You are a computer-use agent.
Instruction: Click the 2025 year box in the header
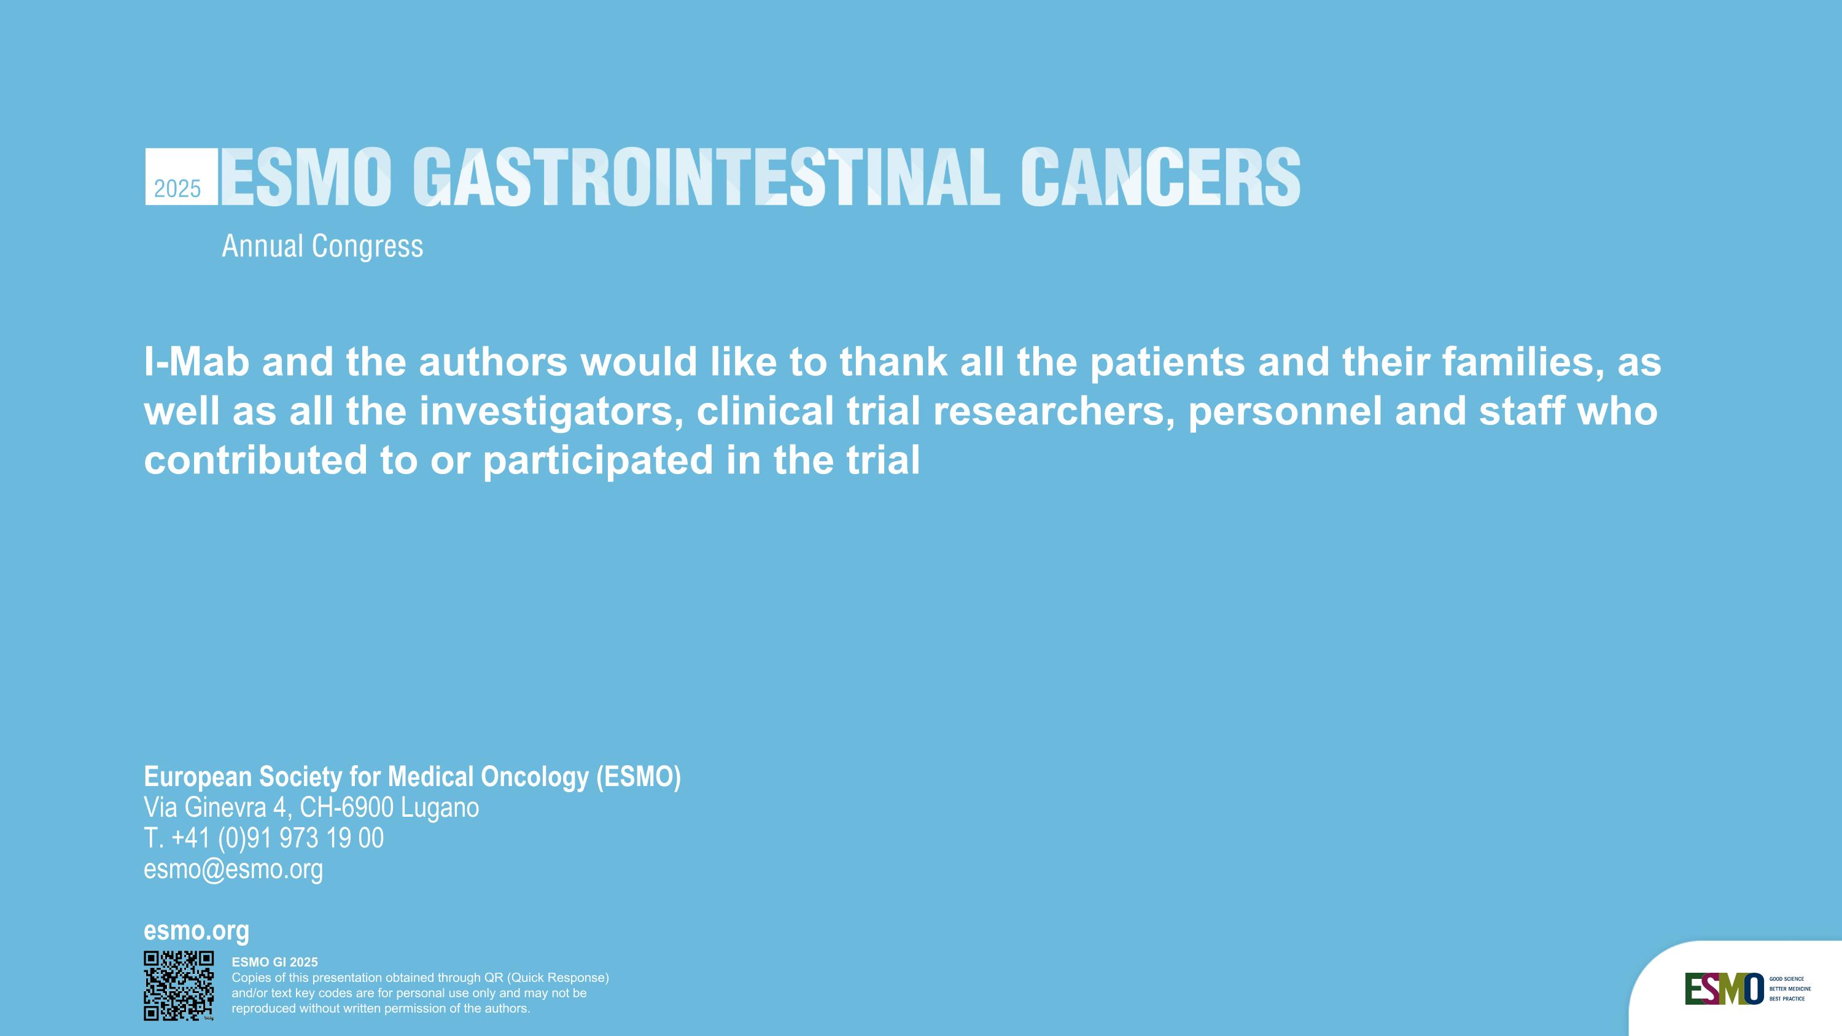coord(181,177)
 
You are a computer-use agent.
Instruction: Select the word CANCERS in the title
coord(1160,177)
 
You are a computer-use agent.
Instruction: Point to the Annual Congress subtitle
coord(322,247)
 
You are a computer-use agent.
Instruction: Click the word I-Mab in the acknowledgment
coord(196,362)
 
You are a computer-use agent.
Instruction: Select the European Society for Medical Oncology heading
coord(412,776)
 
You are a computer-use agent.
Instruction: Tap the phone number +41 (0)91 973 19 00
coord(278,838)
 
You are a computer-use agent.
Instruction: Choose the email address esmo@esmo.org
coord(233,870)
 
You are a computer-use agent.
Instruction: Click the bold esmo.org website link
coord(196,931)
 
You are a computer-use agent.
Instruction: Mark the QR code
coord(179,985)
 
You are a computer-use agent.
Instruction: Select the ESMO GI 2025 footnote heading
coord(274,962)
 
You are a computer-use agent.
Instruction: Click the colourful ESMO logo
coord(1724,989)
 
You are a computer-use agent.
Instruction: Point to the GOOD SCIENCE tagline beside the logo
coord(1786,979)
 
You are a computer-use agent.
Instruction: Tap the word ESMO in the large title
coord(306,177)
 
